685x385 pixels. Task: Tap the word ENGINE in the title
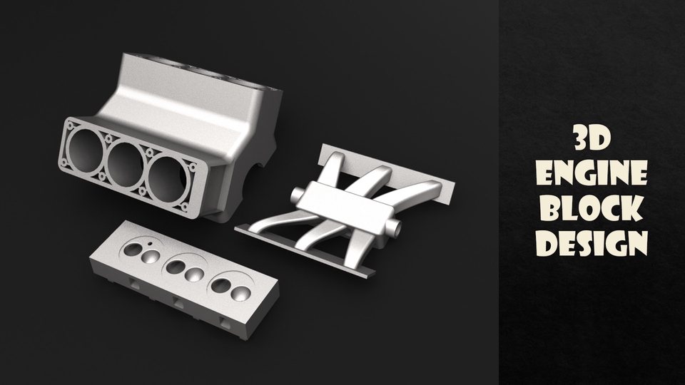(592, 173)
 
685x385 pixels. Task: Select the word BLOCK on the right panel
(592, 208)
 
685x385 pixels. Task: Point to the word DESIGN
(592, 243)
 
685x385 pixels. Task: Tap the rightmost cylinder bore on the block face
(169, 178)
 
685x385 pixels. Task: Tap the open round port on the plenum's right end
(395, 229)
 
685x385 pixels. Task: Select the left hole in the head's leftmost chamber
(133, 250)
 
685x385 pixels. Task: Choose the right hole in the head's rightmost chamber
(242, 293)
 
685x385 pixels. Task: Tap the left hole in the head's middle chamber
(173, 267)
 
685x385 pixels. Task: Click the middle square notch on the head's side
(178, 304)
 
